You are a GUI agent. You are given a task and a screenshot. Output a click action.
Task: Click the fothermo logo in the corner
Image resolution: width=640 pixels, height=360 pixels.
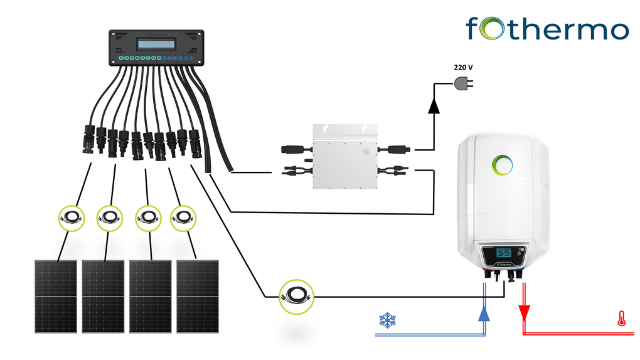click(x=547, y=29)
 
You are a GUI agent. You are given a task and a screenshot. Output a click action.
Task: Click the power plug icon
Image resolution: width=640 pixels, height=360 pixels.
click(x=462, y=83)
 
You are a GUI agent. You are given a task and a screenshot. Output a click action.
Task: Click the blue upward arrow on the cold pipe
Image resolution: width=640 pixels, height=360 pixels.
click(x=484, y=312)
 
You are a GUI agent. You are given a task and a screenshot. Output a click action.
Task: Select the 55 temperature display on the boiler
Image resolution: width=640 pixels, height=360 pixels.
click(x=503, y=253)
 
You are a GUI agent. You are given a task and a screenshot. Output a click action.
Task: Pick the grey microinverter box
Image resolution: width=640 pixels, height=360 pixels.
click(x=344, y=157)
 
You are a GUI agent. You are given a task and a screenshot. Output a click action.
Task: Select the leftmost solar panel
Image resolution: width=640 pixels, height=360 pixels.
click(x=55, y=296)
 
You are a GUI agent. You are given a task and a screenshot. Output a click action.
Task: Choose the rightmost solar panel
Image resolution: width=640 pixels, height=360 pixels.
click(x=197, y=296)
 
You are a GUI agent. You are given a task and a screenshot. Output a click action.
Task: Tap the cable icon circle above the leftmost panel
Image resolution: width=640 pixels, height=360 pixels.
click(x=70, y=218)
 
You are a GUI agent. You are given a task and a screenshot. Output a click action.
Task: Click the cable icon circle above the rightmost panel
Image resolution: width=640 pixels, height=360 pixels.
click(x=183, y=218)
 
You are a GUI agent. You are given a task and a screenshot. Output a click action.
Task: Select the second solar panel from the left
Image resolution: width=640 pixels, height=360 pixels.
click(x=103, y=296)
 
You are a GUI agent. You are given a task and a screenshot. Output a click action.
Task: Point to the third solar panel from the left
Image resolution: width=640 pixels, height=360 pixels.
click(x=150, y=296)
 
